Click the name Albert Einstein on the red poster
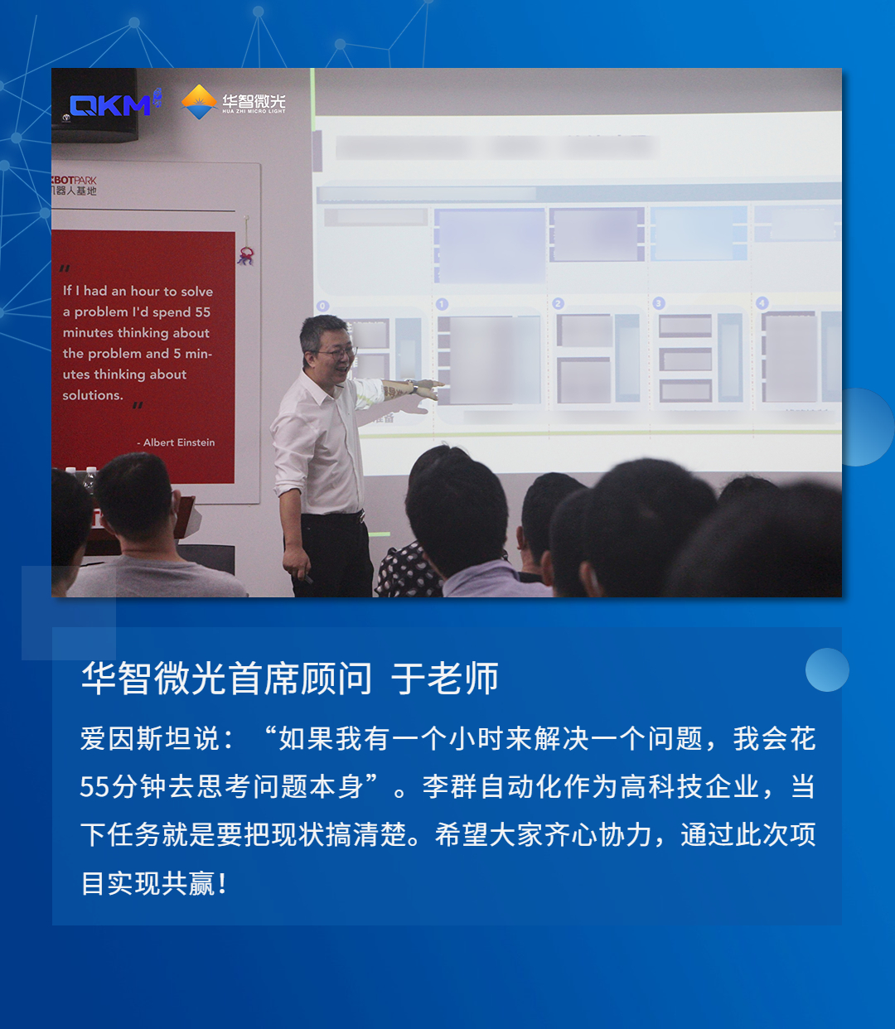pos(179,442)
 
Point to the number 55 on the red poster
pos(203,312)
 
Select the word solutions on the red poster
pos(93,395)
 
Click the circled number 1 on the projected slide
pos(442,304)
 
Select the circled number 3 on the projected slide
pos(659,303)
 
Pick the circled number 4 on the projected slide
pos(762,303)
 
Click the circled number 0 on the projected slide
pos(322,306)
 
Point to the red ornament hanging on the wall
pos(245,254)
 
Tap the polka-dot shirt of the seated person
pos(406,572)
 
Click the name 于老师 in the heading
pos(445,679)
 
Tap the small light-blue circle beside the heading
pos(827,669)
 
